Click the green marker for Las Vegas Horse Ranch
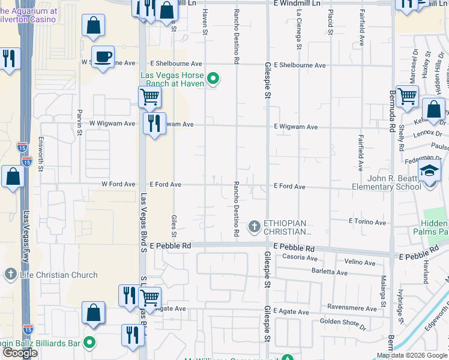(212, 79)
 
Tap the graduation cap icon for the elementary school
(430, 172)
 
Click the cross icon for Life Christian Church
(10, 275)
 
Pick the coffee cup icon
(103, 57)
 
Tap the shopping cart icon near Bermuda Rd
(407, 95)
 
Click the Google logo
(20, 353)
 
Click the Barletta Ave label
(330, 272)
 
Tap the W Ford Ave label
(118, 184)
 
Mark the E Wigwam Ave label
(295, 127)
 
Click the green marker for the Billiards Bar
(89, 343)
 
